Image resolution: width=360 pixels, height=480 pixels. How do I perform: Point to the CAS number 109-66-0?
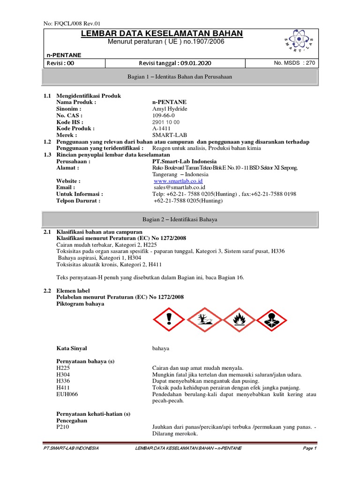click(164, 115)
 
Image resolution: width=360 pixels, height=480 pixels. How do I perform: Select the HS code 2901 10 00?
click(166, 122)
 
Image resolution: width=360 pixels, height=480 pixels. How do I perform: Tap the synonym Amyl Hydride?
click(170, 109)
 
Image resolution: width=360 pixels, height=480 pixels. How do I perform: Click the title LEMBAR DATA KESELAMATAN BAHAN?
click(162, 33)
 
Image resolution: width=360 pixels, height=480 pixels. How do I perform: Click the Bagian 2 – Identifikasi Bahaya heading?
click(180, 219)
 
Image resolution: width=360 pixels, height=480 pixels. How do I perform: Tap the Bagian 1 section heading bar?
click(180, 76)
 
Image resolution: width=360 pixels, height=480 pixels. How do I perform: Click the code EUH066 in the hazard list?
click(67, 394)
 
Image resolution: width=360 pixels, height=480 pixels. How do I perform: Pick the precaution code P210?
click(63, 427)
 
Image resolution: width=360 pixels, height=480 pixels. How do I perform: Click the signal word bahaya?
click(161, 348)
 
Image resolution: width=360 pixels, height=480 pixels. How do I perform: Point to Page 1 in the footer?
click(309, 449)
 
